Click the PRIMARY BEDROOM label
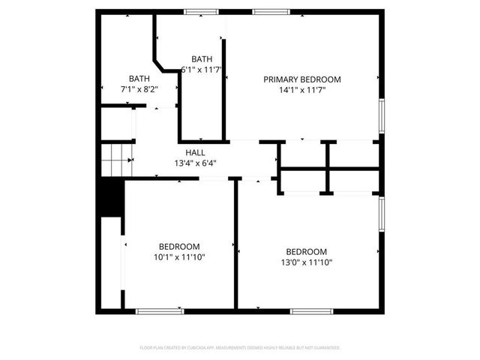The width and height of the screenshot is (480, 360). [301, 79]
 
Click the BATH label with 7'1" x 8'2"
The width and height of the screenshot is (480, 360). [139, 78]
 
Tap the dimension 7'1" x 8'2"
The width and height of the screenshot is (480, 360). [139, 88]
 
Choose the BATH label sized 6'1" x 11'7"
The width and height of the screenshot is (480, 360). [202, 59]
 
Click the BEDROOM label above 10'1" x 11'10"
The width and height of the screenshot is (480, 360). [179, 247]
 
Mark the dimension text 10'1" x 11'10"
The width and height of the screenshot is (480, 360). [179, 257]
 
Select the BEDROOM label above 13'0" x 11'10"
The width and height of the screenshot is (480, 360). [306, 251]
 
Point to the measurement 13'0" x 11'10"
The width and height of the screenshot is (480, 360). [306, 262]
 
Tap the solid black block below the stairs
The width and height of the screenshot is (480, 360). [111, 197]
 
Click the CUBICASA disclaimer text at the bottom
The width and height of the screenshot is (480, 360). [240, 348]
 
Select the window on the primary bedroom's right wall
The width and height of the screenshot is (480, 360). [381, 117]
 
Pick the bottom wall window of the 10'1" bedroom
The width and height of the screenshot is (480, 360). [159, 310]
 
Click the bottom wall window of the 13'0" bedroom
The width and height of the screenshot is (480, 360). [312, 310]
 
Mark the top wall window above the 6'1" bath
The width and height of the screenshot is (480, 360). [198, 10]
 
